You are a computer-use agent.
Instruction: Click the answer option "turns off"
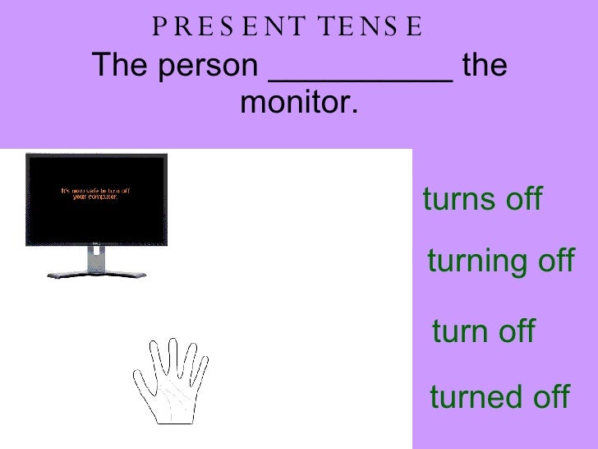point(482,200)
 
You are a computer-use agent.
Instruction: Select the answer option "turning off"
point(500,262)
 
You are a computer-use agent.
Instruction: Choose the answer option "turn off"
point(483,332)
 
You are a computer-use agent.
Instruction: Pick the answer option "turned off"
point(499,397)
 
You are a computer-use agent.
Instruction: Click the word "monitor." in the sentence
point(300,104)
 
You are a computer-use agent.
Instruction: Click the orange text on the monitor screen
point(95,194)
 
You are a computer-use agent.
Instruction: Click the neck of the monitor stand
point(95,257)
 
